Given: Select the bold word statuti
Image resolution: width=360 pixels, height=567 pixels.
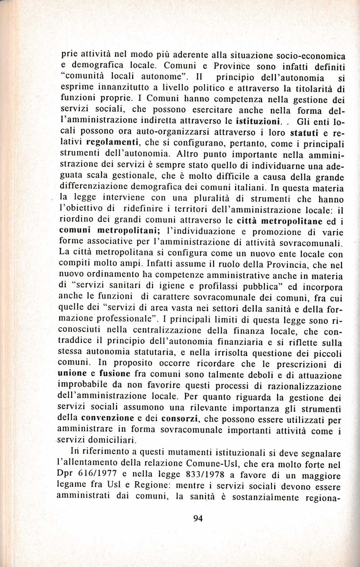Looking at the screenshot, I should tap(304, 133).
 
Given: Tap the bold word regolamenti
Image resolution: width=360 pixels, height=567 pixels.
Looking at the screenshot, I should tap(112, 143).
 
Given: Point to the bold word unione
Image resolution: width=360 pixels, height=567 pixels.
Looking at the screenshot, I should tap(72, 373).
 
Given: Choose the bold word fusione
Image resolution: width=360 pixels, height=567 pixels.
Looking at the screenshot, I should tap(115, 374).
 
